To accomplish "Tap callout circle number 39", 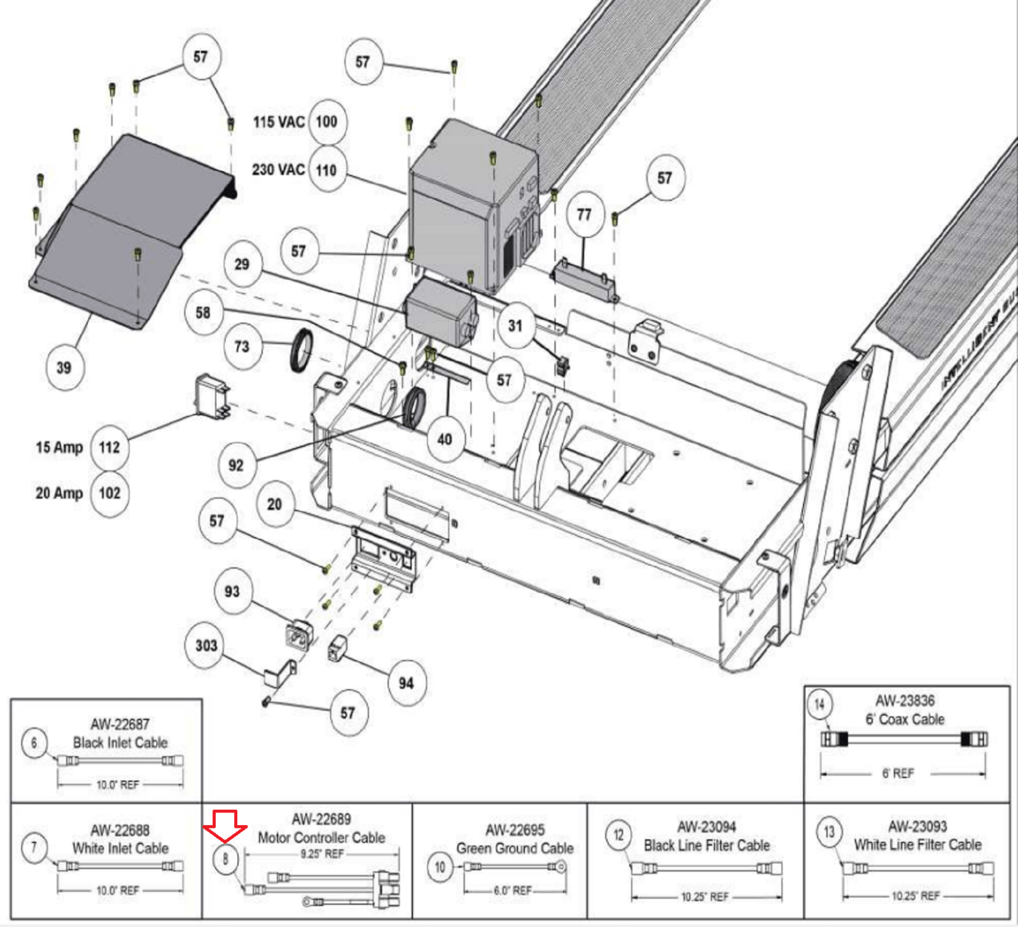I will click(64, 368).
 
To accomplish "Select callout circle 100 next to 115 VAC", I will click(326, 122).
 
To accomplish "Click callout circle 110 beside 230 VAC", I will click(326, 170).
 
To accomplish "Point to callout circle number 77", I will click(584, 215).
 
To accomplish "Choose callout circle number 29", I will click(242, 264).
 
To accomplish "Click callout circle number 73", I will click(242, 347).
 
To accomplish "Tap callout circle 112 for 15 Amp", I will click(109, 447).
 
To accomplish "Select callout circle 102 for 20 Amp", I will click(109, 493).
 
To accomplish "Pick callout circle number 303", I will click(206, 646).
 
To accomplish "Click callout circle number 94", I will click(406, 683).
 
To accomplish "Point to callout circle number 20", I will click(274, 505).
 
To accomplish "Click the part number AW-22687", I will click(120, 724).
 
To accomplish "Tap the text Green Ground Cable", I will click(515, 848).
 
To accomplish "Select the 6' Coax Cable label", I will click(905, 720).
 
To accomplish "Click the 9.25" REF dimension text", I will click(322, 854).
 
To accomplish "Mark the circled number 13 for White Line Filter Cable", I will click(829, 832).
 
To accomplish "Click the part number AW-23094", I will click(706, 826).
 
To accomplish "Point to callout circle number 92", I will click(235, 465).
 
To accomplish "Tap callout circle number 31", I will click(515, 326).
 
